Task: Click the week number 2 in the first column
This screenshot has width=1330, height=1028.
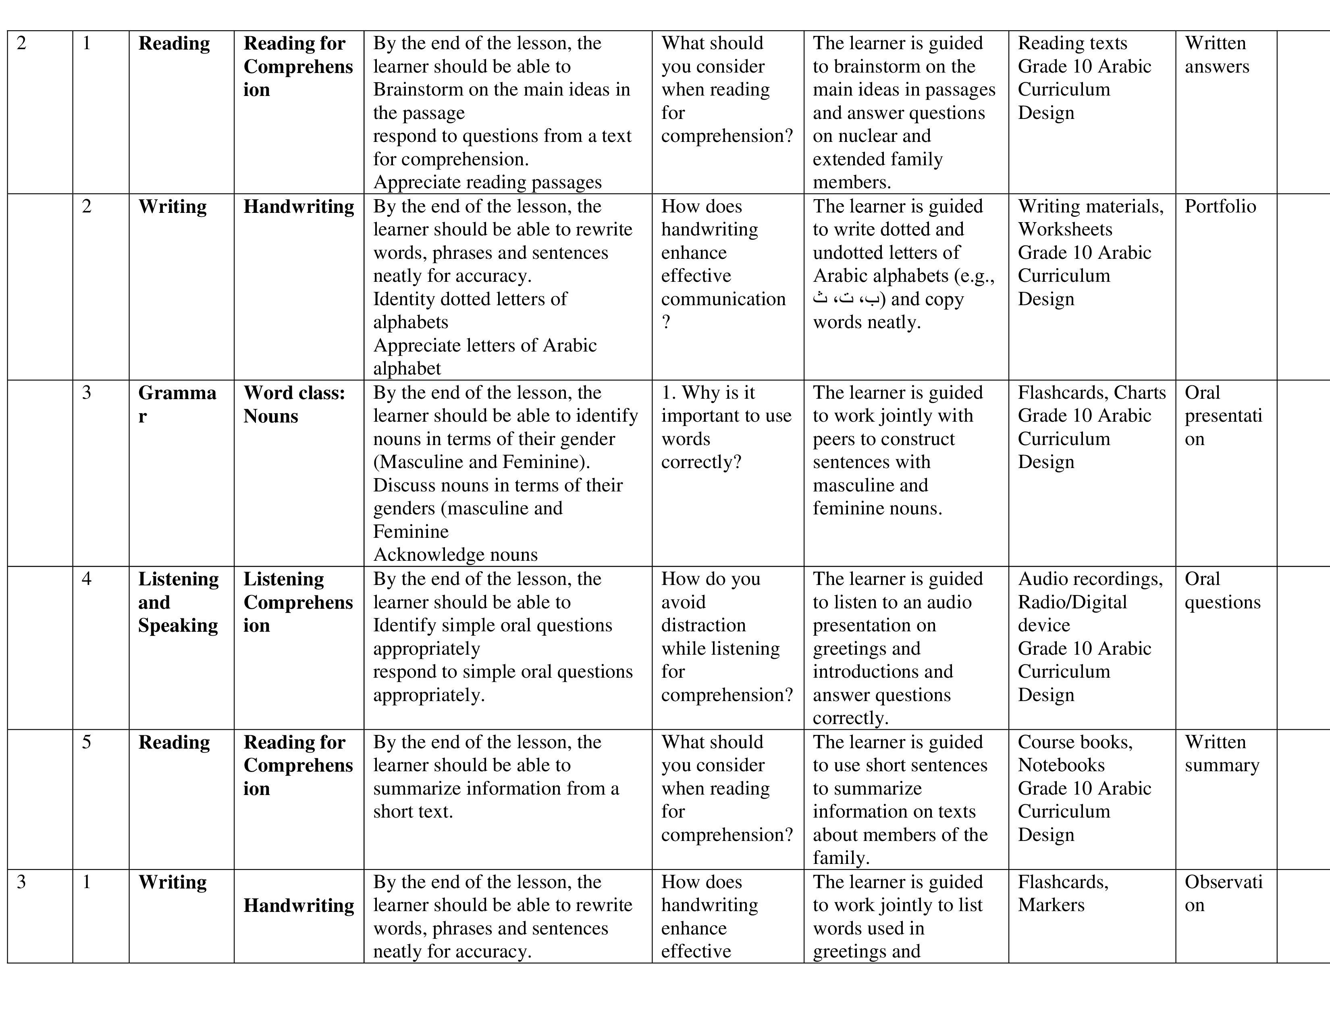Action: pyautogui.click(x=21, y=43)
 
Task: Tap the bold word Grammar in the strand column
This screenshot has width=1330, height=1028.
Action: pyautogui.click(x=177, y=404)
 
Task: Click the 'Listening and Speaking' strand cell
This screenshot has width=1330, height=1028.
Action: pyautogui.click(x=178, y=602)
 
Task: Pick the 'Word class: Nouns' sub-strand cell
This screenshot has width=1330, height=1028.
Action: pyautogui.click(x=294, y=404)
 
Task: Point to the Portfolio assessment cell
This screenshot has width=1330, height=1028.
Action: pyautogui.click(x=1220, y=206)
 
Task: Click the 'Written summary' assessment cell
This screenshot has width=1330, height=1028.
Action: pyautogui.click(x=1222, y=753)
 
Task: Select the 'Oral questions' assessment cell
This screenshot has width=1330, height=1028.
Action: pyautogui.click(x=1222, y=590)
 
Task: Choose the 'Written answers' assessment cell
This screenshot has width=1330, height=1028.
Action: pyautogui.click(x=1217, y=55)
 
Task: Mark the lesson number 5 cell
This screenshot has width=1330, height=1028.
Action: pyautogui.click(x=87, y=742)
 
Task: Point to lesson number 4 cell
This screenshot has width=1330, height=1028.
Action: pyautogui.click(x=87, y=579)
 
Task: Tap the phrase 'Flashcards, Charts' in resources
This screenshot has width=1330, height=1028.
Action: pyautogui.click(x=1091, y=393)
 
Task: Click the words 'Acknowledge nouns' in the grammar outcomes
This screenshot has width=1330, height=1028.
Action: pyautogui.click(x=455, y=555)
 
